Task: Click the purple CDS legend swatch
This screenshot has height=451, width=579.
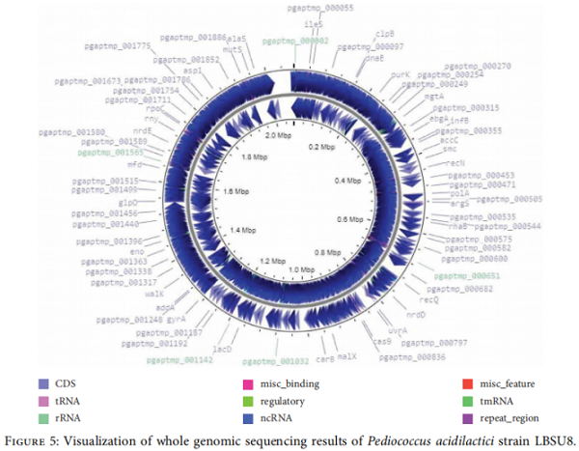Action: click(43, 383)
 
